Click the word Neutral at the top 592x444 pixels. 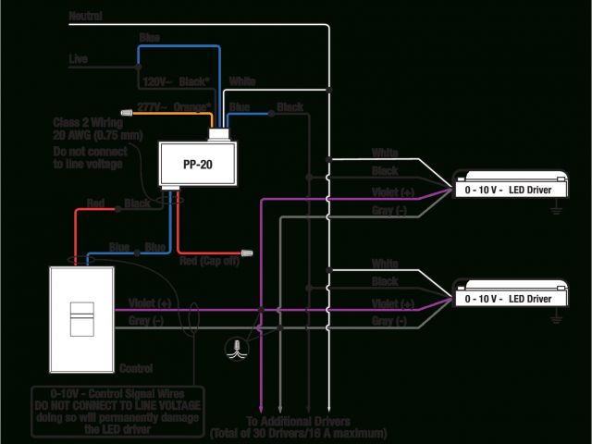(85, 17)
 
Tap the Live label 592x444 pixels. (80, 58)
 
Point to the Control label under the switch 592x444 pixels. (135, 368)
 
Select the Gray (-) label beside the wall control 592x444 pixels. (146, 320)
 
